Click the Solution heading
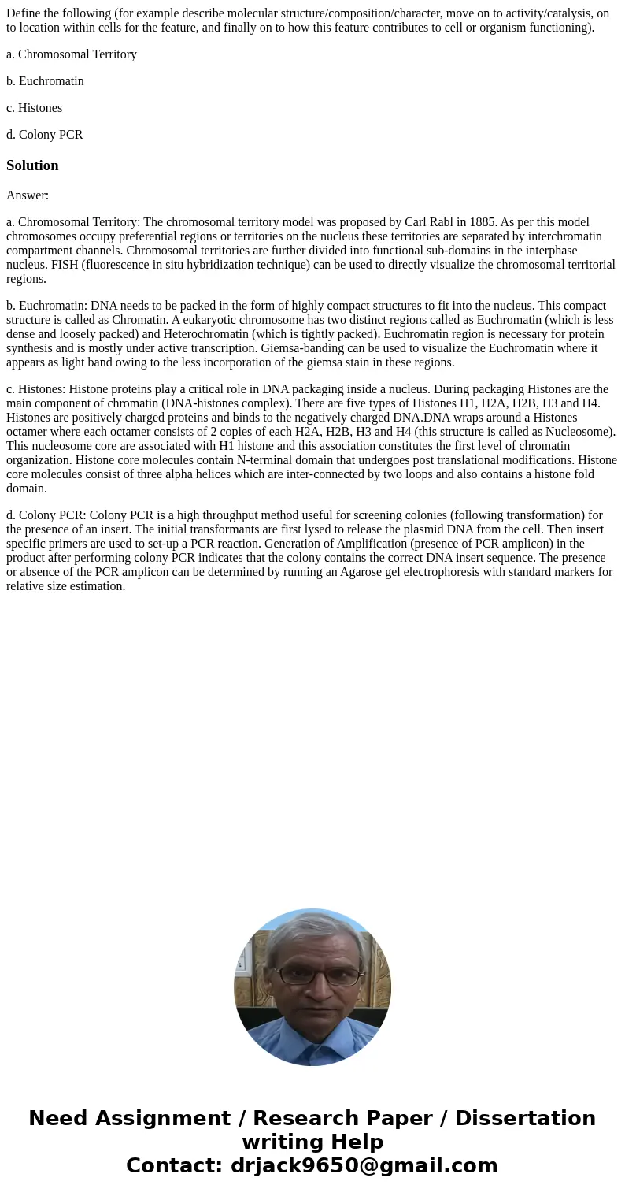pyautogui.click(x=32, y=165)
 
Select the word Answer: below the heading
pyautogui.click(x=28, y=195)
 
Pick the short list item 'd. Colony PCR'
pyautogui.click(x=44, y=135)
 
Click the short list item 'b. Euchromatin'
pyautogui.click(x=45, y=81)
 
